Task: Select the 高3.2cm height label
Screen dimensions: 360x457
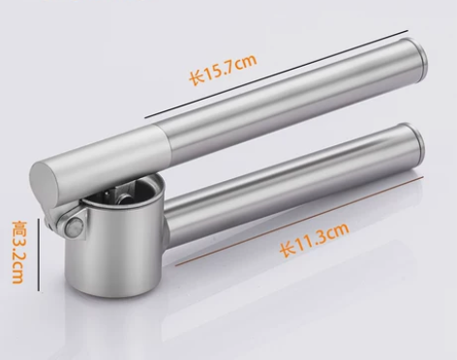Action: (x=18, y=252)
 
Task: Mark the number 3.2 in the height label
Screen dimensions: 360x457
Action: (x=18, y=257)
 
